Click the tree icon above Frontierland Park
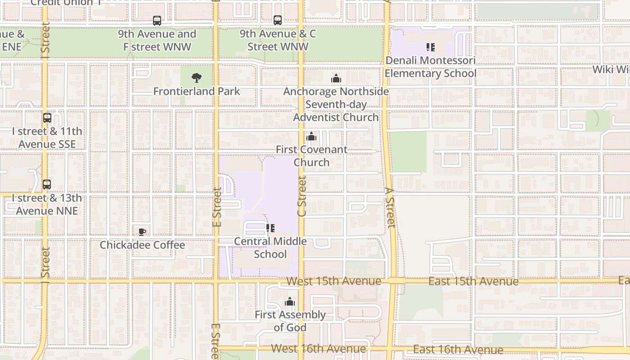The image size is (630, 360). click(x=196, y=78)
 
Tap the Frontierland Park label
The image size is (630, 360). click(x=197, y=91)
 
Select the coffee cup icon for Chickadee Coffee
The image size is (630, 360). click(x=142, y=232)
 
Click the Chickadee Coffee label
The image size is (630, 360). click(x=142, y=245)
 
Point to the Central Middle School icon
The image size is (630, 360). click(x=270, y=228)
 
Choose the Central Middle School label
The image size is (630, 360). click(x=270, y=247)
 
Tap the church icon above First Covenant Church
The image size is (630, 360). click(x=311, y=136)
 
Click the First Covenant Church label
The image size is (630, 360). click(x=311, y=156)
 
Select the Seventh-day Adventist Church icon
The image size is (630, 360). click(x=336, y=79)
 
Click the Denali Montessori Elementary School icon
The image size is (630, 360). click(x=430, y=47)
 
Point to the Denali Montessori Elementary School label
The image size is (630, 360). click(x=430, y=67)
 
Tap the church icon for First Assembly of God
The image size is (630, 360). click(x=290, y=301)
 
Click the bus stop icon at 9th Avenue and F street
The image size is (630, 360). click(x=157, y=21)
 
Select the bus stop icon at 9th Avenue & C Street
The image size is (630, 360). click(x=278, y=20)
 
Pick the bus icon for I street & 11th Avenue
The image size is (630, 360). click(x=47, y=118)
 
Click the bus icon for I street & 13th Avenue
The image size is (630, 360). click(x=47, y=185)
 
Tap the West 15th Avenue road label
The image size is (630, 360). click(x=333, y=281)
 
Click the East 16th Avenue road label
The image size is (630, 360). click(x=458, y=350)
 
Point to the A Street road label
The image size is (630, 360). click(x=390, y=207)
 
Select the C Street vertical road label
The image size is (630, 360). click(x=302, y=196)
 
